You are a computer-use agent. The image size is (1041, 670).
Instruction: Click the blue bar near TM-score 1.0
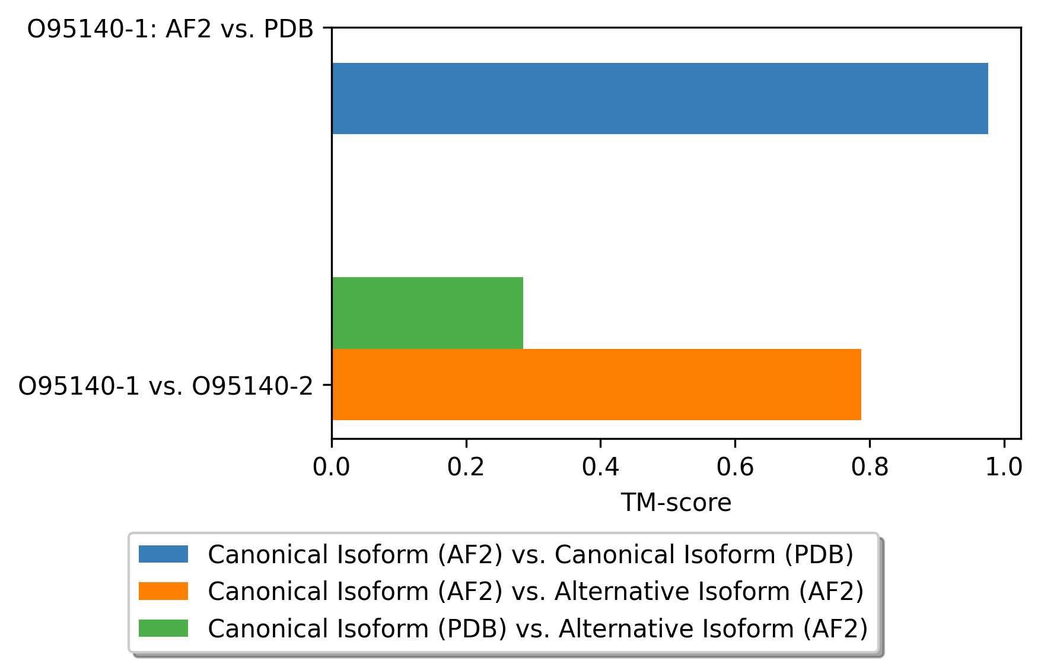660,99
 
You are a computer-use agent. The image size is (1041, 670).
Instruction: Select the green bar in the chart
428,313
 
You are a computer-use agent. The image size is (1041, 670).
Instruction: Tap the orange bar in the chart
596,385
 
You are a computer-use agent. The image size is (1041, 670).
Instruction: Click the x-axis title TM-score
676,503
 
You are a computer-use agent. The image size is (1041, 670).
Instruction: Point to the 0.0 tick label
332,468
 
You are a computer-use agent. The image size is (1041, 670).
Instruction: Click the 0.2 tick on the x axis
466,468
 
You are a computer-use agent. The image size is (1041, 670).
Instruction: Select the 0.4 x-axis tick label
600,468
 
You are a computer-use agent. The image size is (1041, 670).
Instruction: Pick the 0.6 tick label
735,468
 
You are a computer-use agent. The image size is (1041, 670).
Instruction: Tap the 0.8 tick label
870,468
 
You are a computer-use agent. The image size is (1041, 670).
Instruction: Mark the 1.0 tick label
1004,468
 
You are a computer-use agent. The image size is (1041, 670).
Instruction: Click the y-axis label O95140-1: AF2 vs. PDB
171,28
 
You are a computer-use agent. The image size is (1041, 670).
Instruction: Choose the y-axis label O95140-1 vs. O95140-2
166,386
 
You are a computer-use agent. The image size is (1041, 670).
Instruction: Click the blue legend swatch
163,554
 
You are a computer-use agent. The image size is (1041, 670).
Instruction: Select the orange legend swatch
163,591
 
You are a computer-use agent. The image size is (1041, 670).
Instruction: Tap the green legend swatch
163,628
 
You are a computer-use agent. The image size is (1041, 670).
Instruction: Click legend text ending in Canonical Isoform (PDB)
531,555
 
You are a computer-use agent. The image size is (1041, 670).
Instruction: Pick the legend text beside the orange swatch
536,592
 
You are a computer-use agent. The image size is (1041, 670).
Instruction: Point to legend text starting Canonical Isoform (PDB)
538,628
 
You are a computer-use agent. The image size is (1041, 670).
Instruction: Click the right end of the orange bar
861,385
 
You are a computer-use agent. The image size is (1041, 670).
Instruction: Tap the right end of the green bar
523,313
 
